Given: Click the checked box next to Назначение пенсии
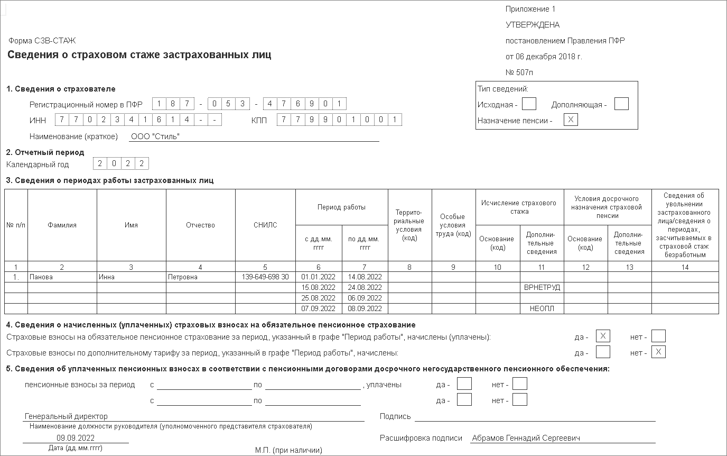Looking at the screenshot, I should click(571, 120).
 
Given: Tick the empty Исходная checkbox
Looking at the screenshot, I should click(529, 104).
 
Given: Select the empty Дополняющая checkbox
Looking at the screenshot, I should click(621, 104).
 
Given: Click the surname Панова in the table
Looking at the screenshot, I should click(41, 277).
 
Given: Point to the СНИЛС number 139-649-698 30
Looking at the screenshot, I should click(265, 277).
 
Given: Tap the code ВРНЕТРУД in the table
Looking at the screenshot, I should click(542, 287).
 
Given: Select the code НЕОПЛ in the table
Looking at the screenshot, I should click(542, 308).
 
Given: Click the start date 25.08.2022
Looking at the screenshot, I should click(318, 298).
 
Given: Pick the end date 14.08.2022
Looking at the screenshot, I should click(365, 277).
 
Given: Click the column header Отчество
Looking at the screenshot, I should click(200, 225).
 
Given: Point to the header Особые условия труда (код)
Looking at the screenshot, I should click(453, 225).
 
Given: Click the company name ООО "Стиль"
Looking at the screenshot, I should click(155, 136).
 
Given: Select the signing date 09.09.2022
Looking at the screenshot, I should click(76, 437).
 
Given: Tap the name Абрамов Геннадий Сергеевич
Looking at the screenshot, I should click(526, 438).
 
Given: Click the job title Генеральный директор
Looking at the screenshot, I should click(66, 416).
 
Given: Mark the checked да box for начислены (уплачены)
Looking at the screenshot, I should click(602, 336).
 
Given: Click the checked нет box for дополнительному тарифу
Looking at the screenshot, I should click(658, 352).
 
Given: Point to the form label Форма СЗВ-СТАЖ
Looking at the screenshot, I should click(42, 40).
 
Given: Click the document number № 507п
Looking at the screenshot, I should click(519, 72).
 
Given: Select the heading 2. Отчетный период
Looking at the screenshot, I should click(45, 152).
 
